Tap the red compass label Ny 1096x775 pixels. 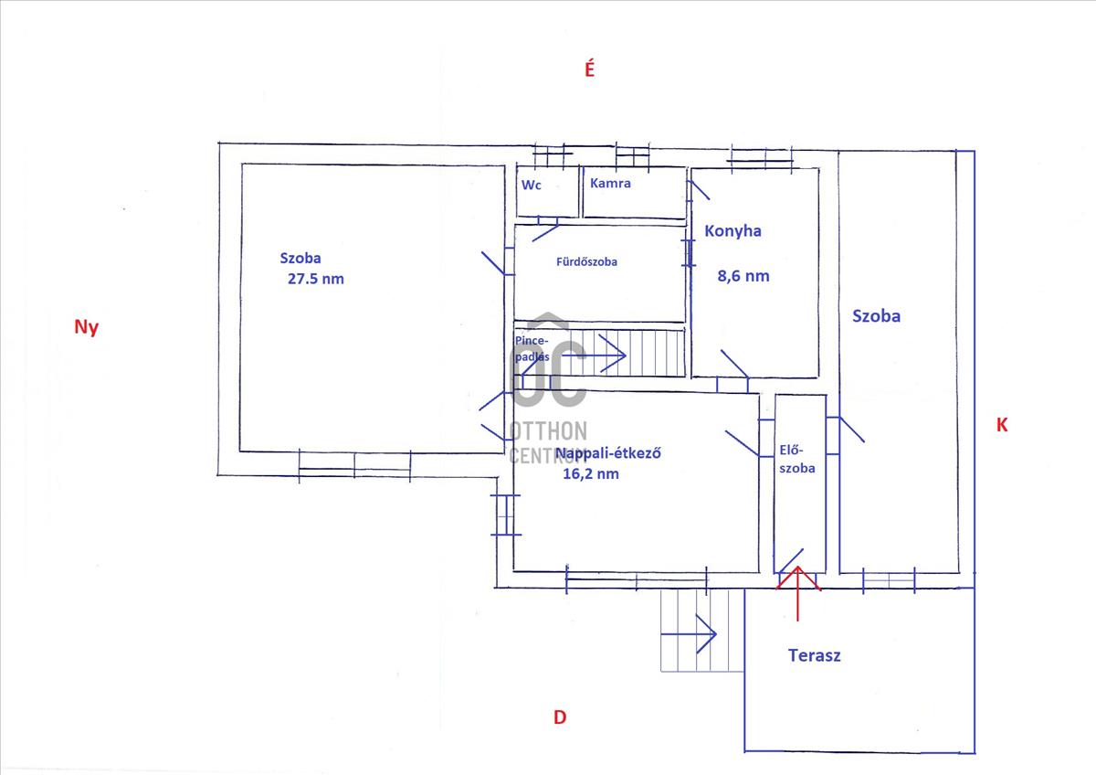[x=86, y=326]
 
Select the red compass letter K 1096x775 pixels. [x=1002, y=425]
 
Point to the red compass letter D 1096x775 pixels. [x=560, y=717]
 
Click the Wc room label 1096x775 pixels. [x=532, y=185]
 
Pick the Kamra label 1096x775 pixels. [x=610, y=183]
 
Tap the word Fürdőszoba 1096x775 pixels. [x=586, y=262]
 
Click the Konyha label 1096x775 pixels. [x=732, y=231]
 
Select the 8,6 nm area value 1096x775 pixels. [x=743, y=276]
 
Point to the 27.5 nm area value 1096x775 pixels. [x=316, y=279]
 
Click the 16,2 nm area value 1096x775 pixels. [x=591, y=474]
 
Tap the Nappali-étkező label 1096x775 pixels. [x=608, y=453]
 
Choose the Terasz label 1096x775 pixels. [x=814, y=655]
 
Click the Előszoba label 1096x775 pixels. [x=797, y=459]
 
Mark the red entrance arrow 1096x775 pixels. [x=798, y=593]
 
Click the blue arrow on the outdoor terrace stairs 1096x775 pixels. [x=689, y=634]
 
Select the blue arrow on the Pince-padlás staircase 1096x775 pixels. [x=594, y=355]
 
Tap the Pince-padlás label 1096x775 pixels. [x=532, y=348]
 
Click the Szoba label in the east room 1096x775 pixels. [x=876, y=316]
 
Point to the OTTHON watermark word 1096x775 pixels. [x=549, y=431]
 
